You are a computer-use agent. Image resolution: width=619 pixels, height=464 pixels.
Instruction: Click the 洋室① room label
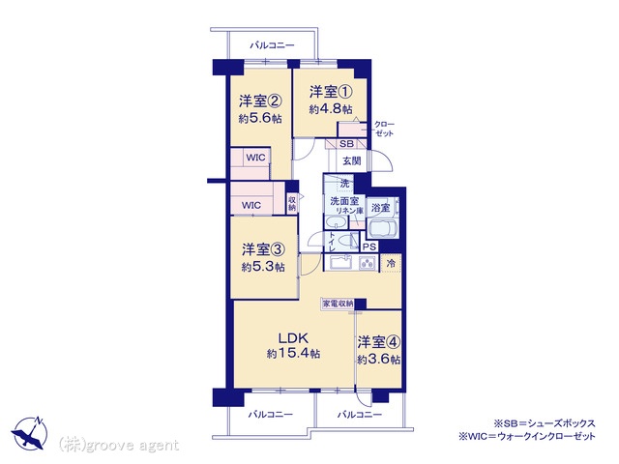[331, 92]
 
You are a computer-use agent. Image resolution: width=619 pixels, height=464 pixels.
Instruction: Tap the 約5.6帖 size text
[260, 118]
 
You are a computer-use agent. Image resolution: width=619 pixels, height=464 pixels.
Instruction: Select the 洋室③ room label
[263, 249]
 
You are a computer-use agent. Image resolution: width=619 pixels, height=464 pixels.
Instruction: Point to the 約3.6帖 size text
[379, 359]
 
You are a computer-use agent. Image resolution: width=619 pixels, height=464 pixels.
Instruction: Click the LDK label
[293, 337]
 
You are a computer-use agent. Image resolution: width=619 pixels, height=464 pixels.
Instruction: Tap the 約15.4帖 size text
[293, 353]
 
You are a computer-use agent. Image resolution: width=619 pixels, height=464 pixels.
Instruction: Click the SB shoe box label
[346, 144]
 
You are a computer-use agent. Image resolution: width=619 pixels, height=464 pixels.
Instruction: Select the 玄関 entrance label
[351, 161]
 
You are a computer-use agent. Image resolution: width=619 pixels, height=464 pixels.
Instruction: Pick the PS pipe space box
[369, 246]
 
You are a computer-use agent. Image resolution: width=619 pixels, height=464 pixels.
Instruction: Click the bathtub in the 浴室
[382, 228]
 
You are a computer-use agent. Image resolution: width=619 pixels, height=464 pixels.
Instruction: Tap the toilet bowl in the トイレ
[345, 240]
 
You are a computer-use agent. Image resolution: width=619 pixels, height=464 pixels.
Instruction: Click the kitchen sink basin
[340, 263]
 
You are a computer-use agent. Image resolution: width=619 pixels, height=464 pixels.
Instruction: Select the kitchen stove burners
[368, 263]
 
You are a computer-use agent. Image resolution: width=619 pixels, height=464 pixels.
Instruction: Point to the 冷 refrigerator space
[391, 263]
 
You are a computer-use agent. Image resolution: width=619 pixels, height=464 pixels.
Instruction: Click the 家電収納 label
[338, 304]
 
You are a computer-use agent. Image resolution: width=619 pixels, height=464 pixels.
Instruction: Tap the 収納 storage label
[292, 204]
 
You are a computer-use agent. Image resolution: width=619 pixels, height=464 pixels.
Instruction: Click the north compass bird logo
[30, 433]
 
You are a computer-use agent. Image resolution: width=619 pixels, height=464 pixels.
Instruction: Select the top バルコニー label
[272, 45]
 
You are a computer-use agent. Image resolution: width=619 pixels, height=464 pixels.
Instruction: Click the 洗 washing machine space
[344, 184]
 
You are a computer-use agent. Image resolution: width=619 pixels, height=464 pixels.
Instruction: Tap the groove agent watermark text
[118, 445]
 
